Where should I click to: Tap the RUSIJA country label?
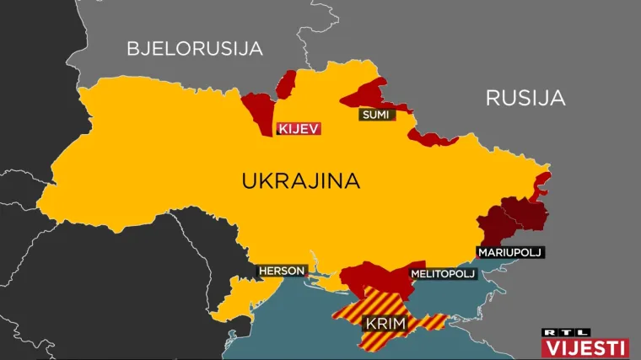[x=525, y=98]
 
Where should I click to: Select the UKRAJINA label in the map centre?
[x=300, y=180]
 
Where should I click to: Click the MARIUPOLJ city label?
[x=509, y=252]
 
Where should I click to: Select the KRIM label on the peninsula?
[x=384, y=324]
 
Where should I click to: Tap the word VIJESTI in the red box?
[x=585, y=347]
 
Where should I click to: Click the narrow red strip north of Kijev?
[x=287, y=84]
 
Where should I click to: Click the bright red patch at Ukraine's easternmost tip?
[x=542, y=181]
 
